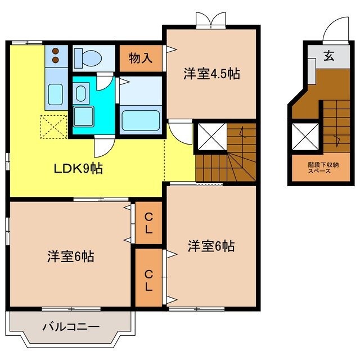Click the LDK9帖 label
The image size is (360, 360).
(78, 169)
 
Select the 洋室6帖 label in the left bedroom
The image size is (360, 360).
(70, 257)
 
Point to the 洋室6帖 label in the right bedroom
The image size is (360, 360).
(211, 246)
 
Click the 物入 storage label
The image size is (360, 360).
(140, 58)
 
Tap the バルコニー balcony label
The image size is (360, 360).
(71, 327)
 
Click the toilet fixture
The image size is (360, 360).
(90, 57)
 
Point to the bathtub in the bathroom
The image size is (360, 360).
(141, 119)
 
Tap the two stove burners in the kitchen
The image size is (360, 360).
(56, 55)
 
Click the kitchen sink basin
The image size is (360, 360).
(55, 93)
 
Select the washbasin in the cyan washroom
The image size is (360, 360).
(80, 92)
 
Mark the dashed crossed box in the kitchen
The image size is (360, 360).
(54, 127)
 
